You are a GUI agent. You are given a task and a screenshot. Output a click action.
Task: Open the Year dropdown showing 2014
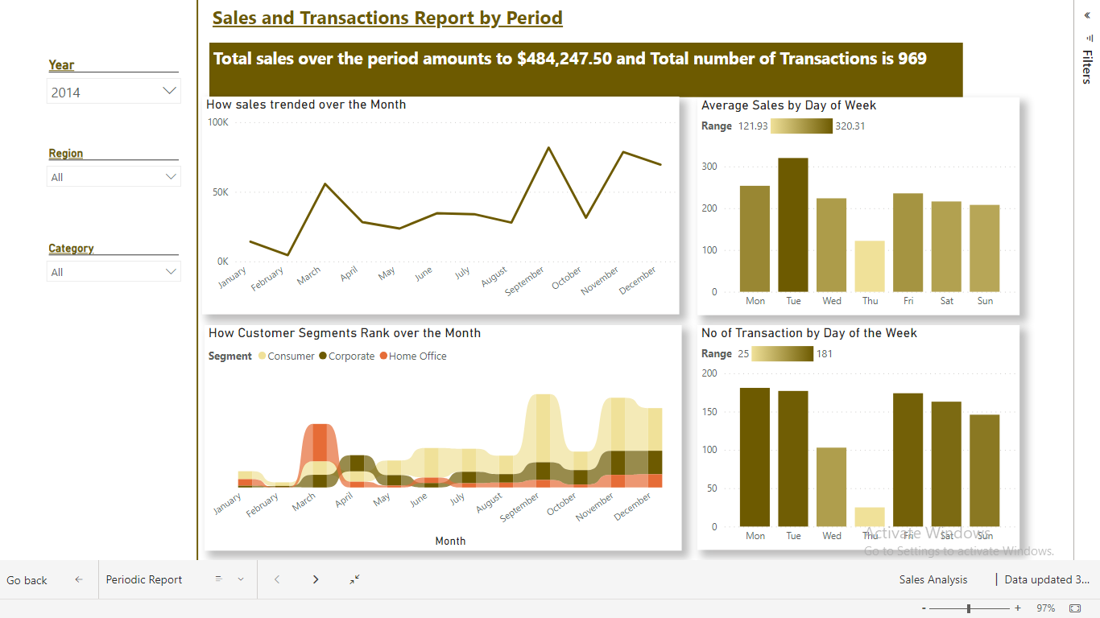(x=114, y=92)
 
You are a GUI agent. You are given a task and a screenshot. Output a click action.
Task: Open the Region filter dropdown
(x=114, y=177)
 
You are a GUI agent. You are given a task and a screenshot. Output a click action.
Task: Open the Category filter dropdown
(x=114, y=272)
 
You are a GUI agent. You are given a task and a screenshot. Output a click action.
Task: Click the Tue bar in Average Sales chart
(x=793, y=225)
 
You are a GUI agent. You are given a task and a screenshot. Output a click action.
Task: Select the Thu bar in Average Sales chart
(x=870, y=266)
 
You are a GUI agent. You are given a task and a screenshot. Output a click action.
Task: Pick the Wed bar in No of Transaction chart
(x=831, y=487)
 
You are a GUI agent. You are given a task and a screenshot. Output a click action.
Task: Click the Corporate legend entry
(x=351, y=356)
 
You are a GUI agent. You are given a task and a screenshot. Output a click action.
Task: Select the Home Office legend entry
(x=417, y=356)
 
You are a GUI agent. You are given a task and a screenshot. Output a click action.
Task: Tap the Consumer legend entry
(x=291, y=356)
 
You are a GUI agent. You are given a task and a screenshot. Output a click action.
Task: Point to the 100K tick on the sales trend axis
(x=218, y=122)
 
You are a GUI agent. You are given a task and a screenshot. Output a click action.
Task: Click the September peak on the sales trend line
(x=548, y=148)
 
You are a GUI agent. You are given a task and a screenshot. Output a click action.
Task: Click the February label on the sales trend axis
(x=267, y=279)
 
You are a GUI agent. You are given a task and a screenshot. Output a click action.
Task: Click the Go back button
(x=27, y=580)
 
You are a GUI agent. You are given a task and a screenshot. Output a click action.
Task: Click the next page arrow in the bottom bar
(x=316, y=579)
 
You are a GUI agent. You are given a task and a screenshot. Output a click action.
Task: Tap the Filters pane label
(x=1086, y=67)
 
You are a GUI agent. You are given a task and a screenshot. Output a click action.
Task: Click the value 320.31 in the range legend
(x=850, y=126)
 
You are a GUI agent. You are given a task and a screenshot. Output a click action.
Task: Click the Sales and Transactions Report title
(x=387, y=19)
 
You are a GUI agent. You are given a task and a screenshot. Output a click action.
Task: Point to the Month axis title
(x=450, y=541)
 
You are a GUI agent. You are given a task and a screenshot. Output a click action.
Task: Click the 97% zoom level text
(x=1045, y=608)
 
